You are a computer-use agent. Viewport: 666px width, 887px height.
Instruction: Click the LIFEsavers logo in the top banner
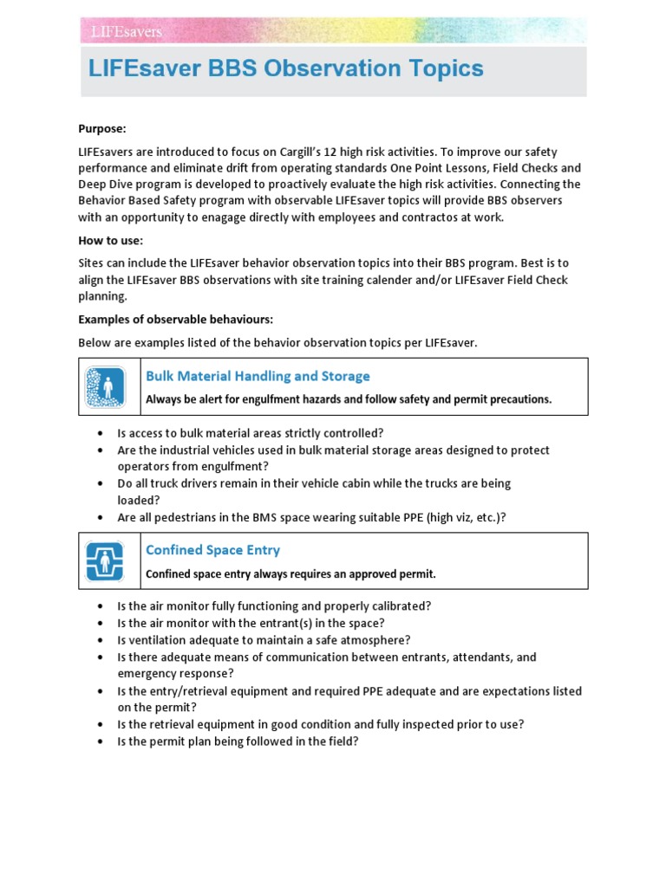(127, 31)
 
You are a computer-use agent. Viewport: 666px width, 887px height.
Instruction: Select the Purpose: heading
(102, 128)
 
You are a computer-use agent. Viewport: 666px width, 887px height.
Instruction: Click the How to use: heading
(110, 240)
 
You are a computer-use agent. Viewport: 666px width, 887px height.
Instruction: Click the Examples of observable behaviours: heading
(176, 320)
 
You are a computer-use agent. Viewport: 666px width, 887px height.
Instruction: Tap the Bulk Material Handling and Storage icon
(106, 387)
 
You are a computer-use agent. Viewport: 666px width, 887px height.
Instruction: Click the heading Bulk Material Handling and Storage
(258, 376)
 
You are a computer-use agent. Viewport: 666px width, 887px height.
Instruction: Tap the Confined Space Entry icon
(106, 560)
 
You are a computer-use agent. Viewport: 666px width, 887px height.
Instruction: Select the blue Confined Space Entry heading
(212, 550)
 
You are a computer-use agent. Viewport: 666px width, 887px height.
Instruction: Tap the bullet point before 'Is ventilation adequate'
(101, 640)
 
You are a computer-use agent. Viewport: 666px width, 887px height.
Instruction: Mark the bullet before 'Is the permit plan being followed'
(101, 741)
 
